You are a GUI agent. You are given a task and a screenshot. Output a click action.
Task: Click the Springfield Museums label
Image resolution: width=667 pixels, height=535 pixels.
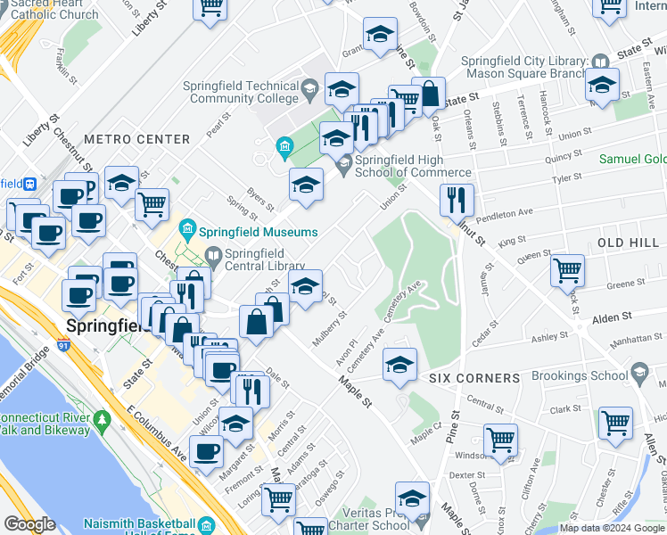259,232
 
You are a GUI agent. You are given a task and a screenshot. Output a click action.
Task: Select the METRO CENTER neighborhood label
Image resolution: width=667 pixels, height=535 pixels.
137,139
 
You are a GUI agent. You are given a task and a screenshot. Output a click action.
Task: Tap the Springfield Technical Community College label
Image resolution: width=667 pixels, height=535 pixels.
241,92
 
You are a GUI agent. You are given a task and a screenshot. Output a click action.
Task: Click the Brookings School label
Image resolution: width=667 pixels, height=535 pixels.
580,375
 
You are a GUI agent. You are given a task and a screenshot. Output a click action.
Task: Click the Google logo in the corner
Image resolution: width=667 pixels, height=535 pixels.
30,523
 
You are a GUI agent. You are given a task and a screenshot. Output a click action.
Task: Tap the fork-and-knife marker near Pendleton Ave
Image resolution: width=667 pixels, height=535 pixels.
457,200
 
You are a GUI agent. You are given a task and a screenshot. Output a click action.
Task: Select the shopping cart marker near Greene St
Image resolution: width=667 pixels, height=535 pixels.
567,268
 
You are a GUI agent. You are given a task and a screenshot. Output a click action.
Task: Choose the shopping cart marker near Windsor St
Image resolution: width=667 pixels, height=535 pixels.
500,439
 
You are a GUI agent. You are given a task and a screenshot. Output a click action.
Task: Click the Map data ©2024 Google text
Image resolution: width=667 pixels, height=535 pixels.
611,527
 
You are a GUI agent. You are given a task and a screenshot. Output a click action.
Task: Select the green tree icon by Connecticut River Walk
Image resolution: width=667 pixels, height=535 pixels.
101,418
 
